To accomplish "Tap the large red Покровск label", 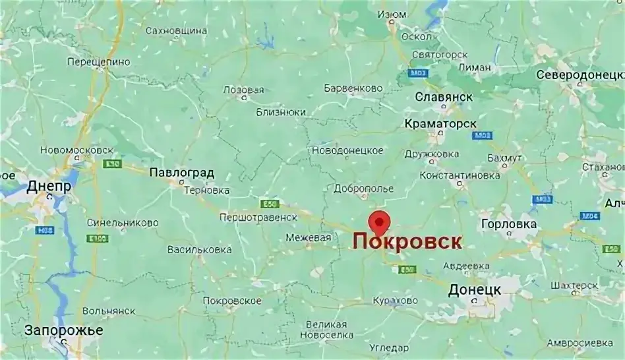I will [406, 241].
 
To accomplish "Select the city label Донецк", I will [474, 289].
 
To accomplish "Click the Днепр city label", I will [49, 187].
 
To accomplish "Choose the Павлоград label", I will [181, 173].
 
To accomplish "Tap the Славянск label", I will [444, 97].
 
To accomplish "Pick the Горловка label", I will [509, 224].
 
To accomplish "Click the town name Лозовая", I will [243, 90].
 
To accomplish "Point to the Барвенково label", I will [353, 88].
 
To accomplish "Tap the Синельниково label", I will [123, 223].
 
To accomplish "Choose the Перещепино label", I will [99, 62].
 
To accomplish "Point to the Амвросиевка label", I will [580, 343].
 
